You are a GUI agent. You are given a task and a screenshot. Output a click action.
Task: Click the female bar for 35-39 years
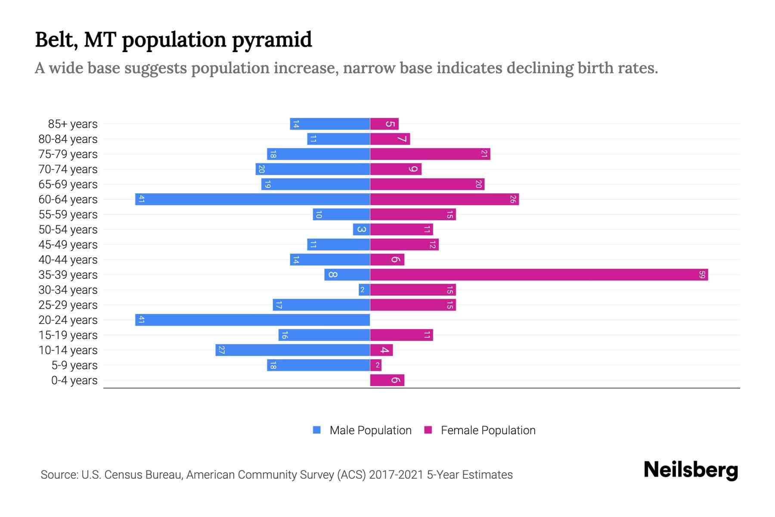click(x=538, y=275)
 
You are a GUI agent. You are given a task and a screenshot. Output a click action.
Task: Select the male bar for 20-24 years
click(x=253, y=320)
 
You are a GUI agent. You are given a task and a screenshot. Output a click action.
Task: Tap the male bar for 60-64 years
click(x=253, y=199)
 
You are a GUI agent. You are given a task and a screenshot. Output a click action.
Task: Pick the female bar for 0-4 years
click(x=387, y=380)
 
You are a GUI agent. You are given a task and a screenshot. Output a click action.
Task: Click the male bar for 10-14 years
click(x=293, y=350)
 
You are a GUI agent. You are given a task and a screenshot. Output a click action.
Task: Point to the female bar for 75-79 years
click(x=430, y=154)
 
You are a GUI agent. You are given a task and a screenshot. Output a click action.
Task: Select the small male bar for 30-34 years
click(x=364, y=290)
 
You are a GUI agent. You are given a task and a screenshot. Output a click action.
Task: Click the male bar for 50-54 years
click(x=361, y=230)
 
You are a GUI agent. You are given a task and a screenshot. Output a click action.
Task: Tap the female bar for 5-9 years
click(x=375, y=365)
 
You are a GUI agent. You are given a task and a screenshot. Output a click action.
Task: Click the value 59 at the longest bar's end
click(x=702, y=275)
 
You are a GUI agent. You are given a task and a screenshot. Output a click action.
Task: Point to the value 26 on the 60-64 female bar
click(x=512, y=199)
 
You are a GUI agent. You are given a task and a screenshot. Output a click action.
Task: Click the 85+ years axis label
click(x=72, y=124)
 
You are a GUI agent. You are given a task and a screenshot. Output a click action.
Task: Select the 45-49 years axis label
click(x=68, y=245)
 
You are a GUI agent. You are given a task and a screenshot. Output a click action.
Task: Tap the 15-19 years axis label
click(x=68, y=335)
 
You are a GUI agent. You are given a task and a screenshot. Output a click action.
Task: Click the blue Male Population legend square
click(x=317, y=430)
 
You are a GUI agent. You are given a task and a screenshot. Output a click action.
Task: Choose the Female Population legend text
click(x=488, y=430)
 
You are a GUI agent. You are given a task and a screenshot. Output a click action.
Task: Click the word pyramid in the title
click(x=272, y=40)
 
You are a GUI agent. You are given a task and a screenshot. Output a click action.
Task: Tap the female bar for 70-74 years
click(x=395, y=169)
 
